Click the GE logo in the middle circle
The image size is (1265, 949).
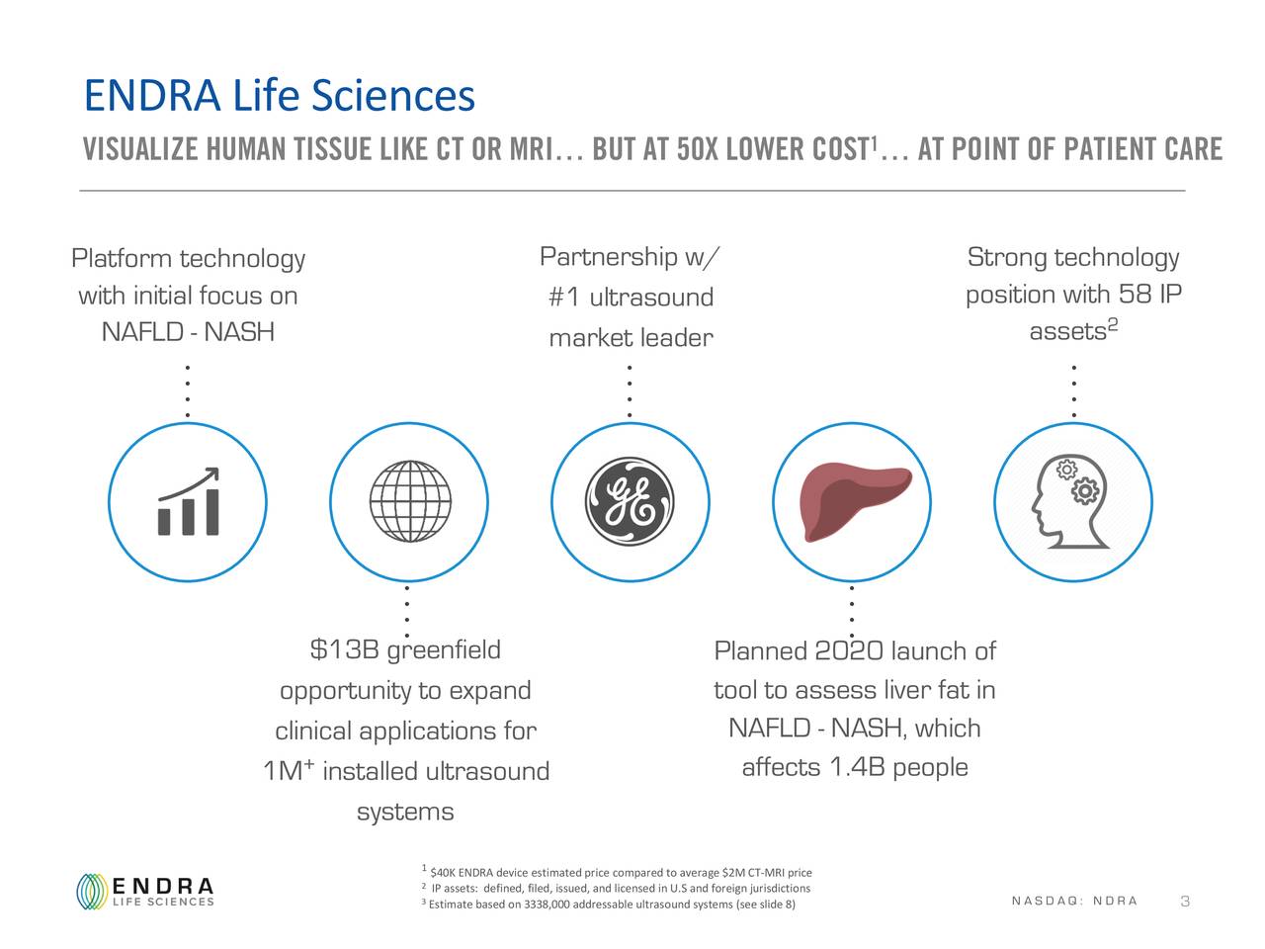coord(630,502)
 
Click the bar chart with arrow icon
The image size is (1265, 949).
coord(189,502)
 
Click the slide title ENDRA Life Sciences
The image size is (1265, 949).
coord(280,95)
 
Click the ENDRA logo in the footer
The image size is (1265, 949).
coord(145,891)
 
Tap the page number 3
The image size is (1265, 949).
coord(1185,902)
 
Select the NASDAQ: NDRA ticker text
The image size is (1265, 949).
coord(1075,901)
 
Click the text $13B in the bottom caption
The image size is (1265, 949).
coord(345,650)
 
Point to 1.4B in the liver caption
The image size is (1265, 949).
coord(857,768)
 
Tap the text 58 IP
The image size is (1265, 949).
coord(1150,295)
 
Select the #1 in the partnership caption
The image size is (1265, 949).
coord(565,298)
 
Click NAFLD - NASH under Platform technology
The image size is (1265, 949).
coord(188,332)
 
